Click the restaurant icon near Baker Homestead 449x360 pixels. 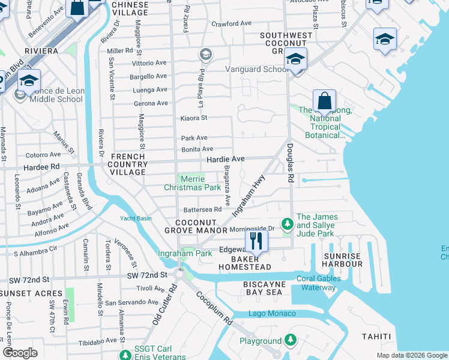click(x=257, y=241)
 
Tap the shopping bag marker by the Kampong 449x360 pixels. click(x=324, y=100)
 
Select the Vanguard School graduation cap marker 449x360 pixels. click(x=295, y=59)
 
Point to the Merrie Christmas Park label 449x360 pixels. click(x=193, y=183)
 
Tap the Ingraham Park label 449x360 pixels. click(x=184, y=254)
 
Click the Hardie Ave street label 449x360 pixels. click(x=225, y=159)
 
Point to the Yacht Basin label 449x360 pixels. click(x=136, y=218)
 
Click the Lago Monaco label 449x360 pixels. click(x=273, y=314)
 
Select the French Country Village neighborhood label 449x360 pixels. click(x=128, y=164)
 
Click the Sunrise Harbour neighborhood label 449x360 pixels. click(x=343, y=260)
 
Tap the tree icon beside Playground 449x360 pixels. click(x=291, y=340)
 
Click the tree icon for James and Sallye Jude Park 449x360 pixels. click(x=288, y=224)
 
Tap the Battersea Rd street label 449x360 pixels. click(x=202, y=210)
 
